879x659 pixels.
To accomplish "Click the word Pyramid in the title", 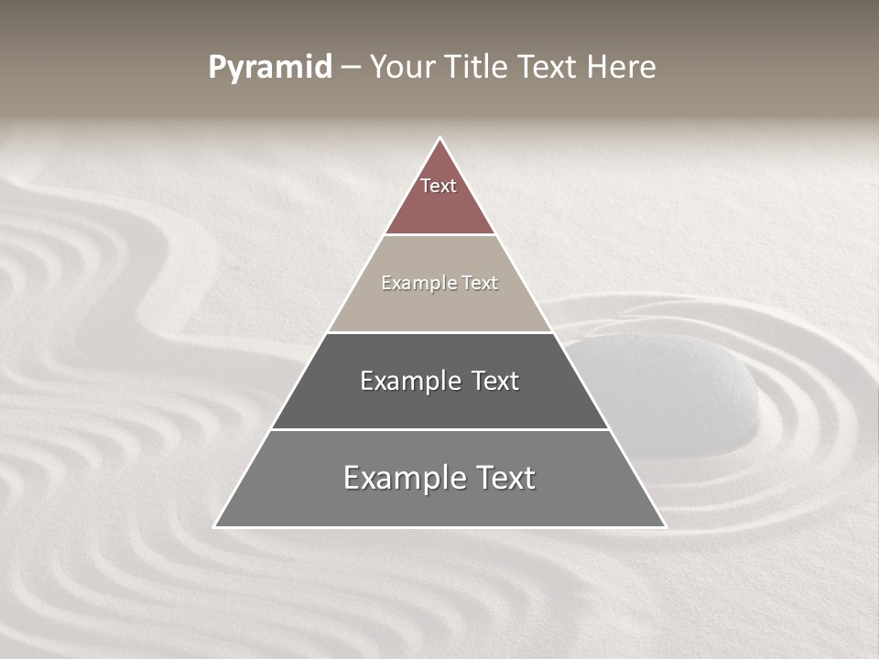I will pos(269,67).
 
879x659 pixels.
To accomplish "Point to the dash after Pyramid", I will pos(350,68).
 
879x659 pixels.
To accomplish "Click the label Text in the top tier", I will pos(439,186).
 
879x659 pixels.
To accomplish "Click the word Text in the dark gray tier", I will pos(495,381).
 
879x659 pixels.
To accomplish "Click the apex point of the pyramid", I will pos(440,138).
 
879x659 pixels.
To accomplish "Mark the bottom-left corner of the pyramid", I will pos(216,526).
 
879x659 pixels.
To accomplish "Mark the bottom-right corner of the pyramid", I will pos(665,526).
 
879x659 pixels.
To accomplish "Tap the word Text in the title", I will pos(548,67).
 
